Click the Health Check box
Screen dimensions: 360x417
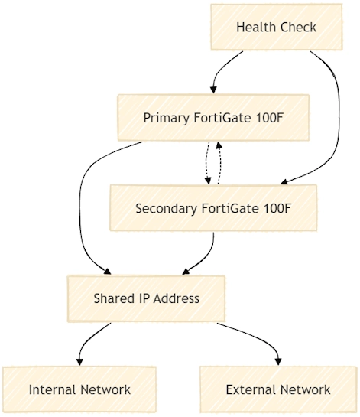click(x=277, y=27)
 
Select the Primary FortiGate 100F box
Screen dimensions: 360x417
click(x=213, y=118)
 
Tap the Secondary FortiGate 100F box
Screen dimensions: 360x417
click(x=213, y=208)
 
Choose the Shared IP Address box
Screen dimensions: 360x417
click(x=146, y=298)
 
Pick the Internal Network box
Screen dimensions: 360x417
click(x=79, y=389)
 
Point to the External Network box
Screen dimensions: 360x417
click(x=278, y=389)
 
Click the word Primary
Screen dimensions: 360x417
click(x=167, y=118)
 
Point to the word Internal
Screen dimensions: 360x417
click(x=53, y=389)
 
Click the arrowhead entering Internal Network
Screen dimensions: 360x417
click(x=79, y=362)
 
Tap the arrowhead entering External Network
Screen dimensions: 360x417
click(x=278, y=362)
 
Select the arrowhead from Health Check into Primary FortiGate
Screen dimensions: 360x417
click(x=213, y=90)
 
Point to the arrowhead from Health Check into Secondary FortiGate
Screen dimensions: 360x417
click(x=284, y=182)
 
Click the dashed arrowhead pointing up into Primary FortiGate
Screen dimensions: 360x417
click(x=219, y=145)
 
